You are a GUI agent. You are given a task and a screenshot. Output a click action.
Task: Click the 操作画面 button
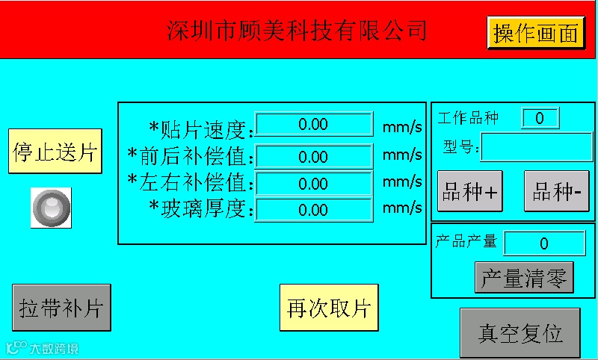[x=536, y=34]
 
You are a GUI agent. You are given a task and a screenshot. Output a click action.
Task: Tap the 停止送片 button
[x=55, y=152]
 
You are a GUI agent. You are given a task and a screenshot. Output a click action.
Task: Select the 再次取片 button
[x=329, y=307]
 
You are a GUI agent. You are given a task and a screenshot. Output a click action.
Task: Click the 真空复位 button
[x=520, y=333]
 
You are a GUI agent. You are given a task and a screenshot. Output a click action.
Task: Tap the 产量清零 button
[x=524, y=278]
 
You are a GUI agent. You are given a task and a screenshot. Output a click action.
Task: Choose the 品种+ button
[x=470, y=191]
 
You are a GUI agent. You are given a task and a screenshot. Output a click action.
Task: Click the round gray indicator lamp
[x=52, y=207]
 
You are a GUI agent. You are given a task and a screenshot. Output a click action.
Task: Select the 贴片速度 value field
[x=314, y=125]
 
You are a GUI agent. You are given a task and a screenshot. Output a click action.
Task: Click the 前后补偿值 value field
[x=314, y=157]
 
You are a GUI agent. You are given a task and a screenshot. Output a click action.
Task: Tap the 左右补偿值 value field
[x=314, y=184]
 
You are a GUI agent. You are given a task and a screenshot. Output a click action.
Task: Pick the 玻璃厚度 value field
[x=314, y=211]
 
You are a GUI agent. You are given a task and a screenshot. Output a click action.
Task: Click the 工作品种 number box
[x=540, y=118]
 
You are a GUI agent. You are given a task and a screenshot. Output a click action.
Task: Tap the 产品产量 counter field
[x=544, y=243]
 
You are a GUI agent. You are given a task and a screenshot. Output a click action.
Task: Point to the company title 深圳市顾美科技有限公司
[x=297, y=31]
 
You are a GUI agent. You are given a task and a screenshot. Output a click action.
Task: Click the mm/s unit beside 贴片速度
[x=402, y=126]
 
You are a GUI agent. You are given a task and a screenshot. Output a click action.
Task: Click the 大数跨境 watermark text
[x=53, y=348]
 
